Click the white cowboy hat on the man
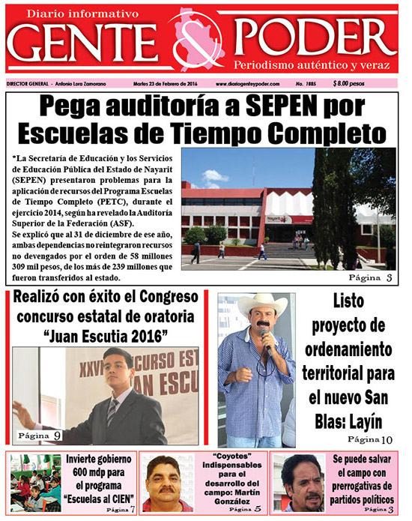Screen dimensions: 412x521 263,304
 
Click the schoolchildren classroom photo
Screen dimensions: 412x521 34,483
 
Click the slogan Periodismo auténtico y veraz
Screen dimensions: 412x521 313,64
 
